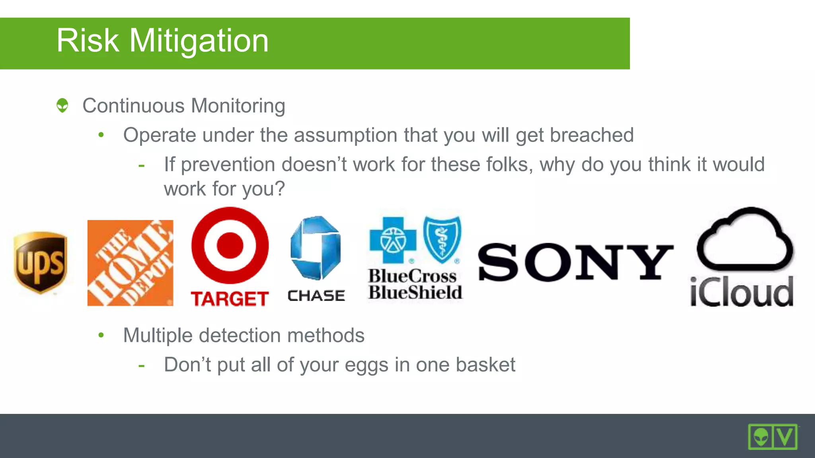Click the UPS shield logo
click(40, 262)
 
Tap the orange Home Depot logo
click(130, 263)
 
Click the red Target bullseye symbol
click(230, 245)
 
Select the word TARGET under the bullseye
click(230, 299)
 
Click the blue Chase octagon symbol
click(316, 247)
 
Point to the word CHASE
click(316, 296)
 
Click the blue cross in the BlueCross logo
click(393, 240)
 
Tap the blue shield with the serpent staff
click(442, 239)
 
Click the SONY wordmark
click(575, 262)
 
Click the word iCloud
click(742, 292)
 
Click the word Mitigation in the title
click(199, 41)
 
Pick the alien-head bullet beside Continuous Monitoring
click(62, 105)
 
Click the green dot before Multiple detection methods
click(101, 335)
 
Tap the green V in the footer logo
click(785, 437)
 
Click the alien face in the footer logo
click(761, 437)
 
